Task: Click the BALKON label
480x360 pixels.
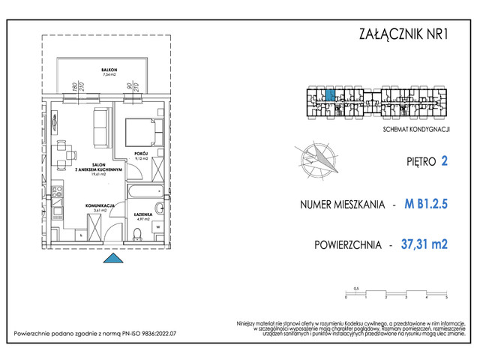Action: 110,70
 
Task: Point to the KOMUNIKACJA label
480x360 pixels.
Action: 99,205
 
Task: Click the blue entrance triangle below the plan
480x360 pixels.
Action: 112,259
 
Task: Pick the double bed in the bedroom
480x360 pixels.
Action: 142,132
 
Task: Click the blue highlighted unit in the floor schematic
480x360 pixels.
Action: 329,96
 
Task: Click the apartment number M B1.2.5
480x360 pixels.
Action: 425,203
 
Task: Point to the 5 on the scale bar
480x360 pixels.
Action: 446,298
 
